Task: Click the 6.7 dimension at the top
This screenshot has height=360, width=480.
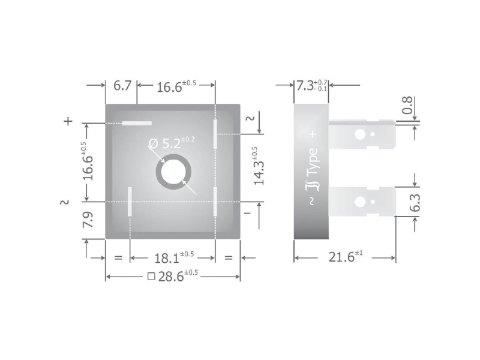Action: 122,86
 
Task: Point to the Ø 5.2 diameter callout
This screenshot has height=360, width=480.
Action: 172,143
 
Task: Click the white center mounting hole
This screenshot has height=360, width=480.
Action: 173,172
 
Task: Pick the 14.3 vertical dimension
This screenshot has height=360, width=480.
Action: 259,166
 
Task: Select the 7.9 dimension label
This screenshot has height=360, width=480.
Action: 88,219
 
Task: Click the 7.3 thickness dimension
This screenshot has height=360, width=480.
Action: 311,86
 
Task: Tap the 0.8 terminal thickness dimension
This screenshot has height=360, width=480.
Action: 407,106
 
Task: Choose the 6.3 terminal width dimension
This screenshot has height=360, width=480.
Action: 415,202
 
